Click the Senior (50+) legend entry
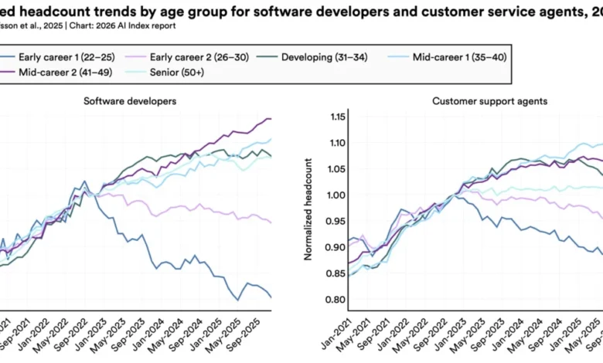pyautogui.click(x=186, y=73)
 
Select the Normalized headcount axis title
pyautogui.click(x=308, y=209)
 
